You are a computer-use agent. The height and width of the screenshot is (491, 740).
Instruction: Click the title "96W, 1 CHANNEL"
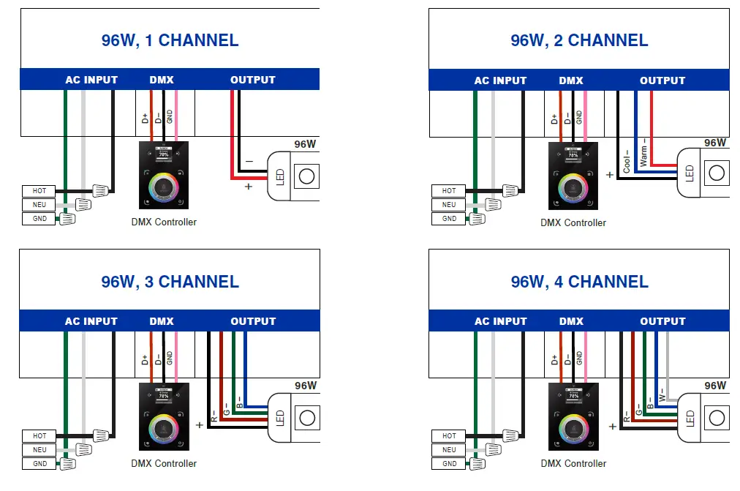(170, 40)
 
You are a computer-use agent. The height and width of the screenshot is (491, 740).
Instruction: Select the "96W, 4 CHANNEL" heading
(579, 282)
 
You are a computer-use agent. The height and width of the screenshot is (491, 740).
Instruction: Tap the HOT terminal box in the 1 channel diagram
(39, 191)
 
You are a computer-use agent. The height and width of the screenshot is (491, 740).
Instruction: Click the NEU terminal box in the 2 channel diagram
(449, 205)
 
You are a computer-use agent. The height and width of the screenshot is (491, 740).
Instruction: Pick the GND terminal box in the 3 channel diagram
(39, 463)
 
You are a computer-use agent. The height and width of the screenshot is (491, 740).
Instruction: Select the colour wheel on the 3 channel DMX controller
(164, 428)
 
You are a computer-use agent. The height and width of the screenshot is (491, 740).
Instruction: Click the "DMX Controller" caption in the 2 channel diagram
(573, 222)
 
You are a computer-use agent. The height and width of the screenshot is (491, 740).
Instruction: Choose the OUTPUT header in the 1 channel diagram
(253, 80)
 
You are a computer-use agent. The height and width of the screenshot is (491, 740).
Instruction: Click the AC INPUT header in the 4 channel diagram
(501, 321)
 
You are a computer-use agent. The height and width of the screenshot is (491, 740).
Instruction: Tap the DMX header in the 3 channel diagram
(162, 321)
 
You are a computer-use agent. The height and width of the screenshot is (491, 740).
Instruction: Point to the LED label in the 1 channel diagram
(280, 176)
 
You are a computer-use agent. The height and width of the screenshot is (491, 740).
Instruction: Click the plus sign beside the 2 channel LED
(611, 175)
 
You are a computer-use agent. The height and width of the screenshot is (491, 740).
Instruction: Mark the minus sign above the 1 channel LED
(249, 160)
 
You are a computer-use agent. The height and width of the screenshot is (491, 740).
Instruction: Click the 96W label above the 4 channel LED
(715, 385)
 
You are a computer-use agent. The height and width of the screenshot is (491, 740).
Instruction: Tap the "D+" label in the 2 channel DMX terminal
(555, 119)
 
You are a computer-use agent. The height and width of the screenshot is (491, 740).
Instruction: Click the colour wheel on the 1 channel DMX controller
(164, 187)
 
